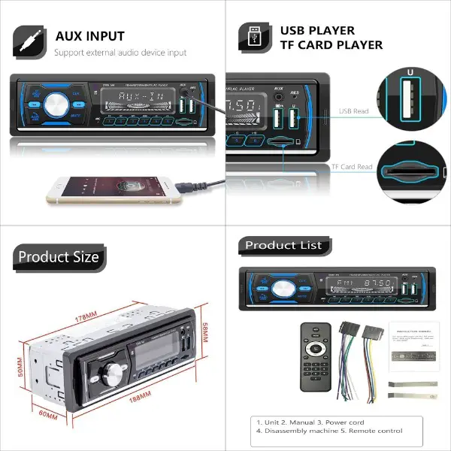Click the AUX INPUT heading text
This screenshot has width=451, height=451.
pyautogui.click(x=89, y=35)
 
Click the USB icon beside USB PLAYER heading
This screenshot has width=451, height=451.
pyautogui.click(x=255, y=37)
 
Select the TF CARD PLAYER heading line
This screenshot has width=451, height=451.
pyautogui.click(x=331, y=45)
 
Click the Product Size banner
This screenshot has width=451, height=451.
pyautogui.click(x=58, y=257)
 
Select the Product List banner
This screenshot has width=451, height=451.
pyautogui.click(x=283, y=245)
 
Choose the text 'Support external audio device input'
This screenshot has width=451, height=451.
pyautogui.click(x=120, y=53)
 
